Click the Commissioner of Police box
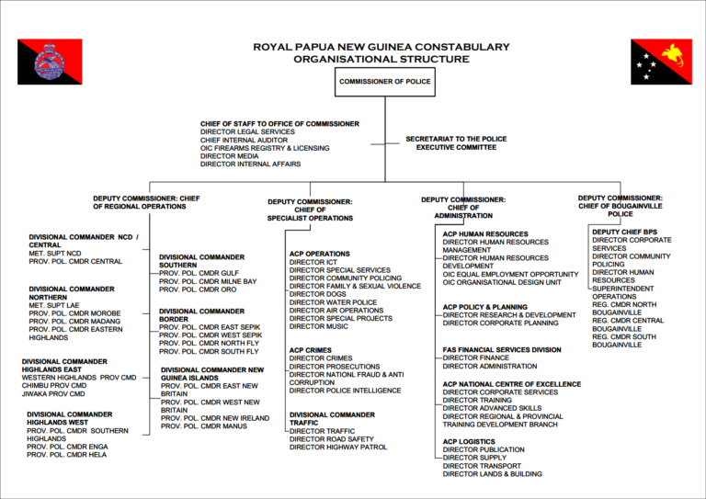[x=384, y=81]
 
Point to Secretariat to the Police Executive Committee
[x=455, y=142]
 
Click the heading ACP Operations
[x=319, y=254]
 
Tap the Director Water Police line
[x=333, y=302]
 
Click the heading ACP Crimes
[x=311, y=350]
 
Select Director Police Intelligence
[x=345, y=391]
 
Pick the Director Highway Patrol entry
[x=337, y=448]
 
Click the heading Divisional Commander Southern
[x=201, y=262]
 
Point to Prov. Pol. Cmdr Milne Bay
[x=208, y=281]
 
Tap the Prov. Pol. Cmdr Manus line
[x=204, y=426]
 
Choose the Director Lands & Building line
[x=492, y=474]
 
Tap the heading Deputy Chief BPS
[x=624, y=232]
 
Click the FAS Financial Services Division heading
[x=501, y=350]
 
